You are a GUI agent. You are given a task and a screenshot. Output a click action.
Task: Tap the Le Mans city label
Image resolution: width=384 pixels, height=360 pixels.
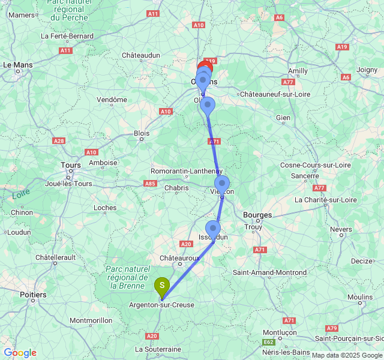point(18,64)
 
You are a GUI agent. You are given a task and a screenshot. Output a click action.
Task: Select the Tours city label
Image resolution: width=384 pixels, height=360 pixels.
point(71,164)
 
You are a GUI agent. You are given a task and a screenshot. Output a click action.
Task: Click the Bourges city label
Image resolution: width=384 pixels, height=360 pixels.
point(257,215)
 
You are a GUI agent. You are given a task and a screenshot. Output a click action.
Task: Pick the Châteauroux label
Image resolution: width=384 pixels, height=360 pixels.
point(179,258)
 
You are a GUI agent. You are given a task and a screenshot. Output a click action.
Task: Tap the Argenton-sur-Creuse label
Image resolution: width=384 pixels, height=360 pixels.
point(162,305)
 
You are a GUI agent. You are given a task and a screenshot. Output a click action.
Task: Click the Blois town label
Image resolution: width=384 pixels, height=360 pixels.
point(142,133)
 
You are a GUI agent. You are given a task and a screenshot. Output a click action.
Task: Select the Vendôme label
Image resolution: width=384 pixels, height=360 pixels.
point(112,100)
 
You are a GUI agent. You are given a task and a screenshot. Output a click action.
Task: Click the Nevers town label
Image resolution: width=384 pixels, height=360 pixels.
point(341,229)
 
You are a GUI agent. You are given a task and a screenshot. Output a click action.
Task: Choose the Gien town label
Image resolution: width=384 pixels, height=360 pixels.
point(283,118)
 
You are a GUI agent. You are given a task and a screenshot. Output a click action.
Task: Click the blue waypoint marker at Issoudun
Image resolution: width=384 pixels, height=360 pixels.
point(213,229)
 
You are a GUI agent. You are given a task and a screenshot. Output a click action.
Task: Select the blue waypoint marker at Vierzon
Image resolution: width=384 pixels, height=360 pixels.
point(222,184)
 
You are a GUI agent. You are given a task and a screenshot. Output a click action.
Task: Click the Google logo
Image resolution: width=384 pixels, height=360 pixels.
point(20,353)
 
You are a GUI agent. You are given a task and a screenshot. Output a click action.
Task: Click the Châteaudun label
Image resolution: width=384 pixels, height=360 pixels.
point(141,55)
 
